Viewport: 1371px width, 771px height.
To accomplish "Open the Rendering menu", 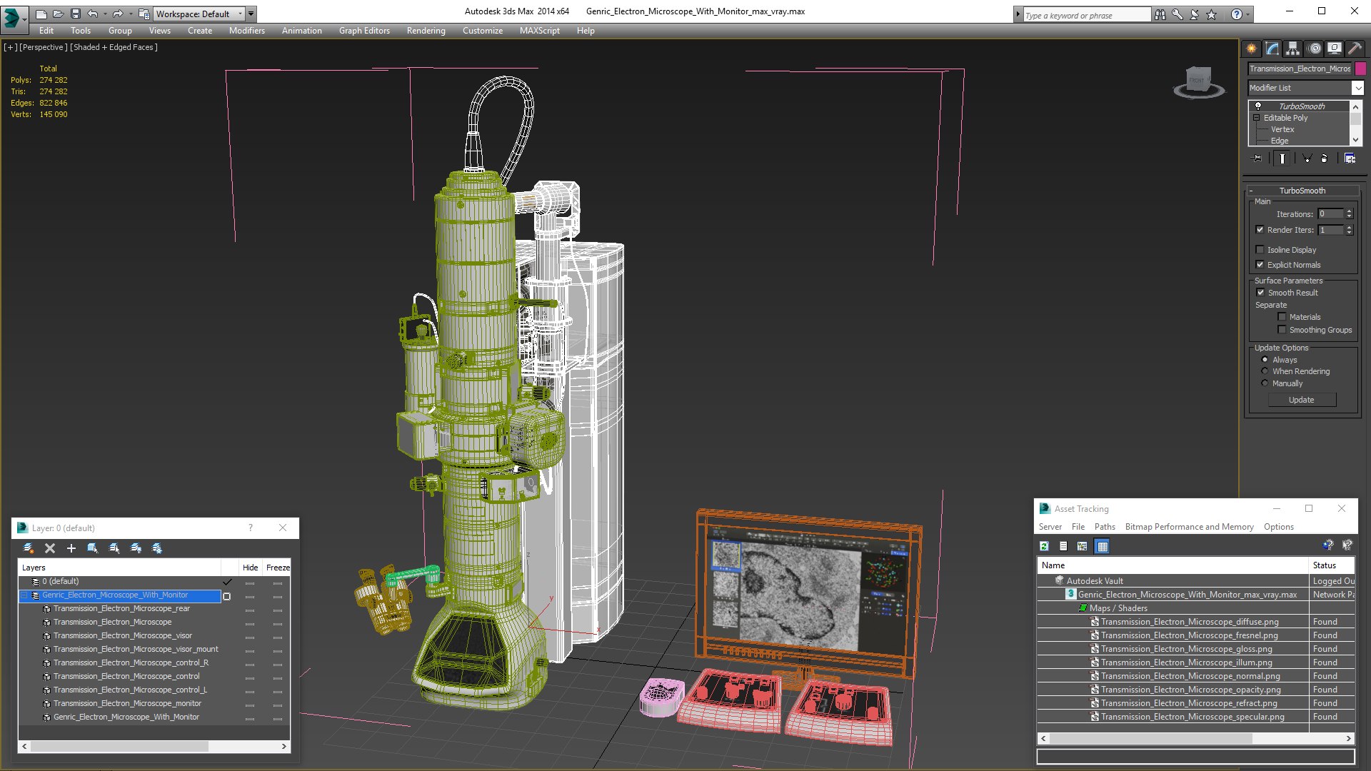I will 426,31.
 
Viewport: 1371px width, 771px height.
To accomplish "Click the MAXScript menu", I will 539,31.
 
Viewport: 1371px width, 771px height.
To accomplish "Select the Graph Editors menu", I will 364,31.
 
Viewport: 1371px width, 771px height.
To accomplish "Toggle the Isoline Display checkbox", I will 1260,250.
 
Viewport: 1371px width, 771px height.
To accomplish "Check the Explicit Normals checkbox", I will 1260,265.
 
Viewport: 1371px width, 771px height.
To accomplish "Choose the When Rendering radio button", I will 1265,371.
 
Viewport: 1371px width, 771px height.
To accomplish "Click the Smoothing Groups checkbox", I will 1282,330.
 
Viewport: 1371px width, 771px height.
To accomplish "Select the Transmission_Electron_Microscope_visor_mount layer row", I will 136,650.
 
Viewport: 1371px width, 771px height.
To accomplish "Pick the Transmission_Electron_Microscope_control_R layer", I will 131,663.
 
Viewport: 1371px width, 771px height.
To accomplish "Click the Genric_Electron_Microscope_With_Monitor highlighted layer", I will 115,595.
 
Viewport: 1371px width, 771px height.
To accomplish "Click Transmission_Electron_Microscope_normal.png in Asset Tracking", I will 1190,676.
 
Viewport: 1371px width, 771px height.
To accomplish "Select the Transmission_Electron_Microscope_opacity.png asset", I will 1190,690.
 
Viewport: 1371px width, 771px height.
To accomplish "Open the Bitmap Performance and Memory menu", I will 1189,527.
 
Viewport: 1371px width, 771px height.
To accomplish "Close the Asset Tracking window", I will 1342,508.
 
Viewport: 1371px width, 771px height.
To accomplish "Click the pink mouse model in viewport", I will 661,696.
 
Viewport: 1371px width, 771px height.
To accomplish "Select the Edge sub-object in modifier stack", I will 1280,141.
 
